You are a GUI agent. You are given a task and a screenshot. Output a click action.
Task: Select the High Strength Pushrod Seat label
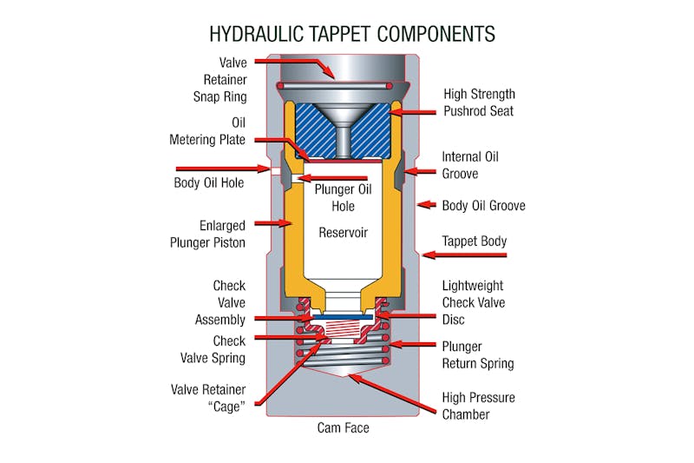point(479,103)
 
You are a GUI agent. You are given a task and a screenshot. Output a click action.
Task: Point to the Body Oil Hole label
point(208,183)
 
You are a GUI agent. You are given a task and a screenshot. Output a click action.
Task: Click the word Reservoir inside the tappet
point(344,233)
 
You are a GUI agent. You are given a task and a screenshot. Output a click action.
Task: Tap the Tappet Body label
point(475,241)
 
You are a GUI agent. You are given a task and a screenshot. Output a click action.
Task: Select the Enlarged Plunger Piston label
point(209,234)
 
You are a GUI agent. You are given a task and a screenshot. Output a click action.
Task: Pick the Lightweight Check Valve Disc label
point(473,302)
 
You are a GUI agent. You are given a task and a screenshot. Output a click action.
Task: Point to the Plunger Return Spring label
point(478,354)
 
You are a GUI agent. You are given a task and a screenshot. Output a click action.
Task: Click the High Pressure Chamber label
point(478,406)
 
